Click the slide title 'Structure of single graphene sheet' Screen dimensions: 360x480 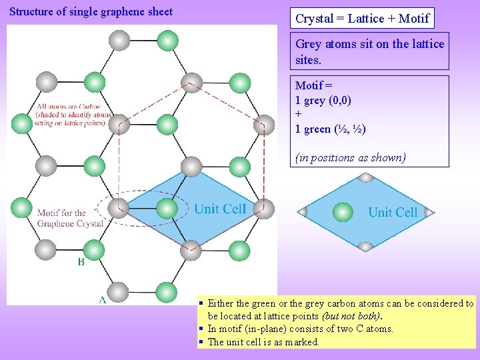[x=91, y=11]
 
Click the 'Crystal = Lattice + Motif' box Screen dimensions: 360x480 [x=362, y=19]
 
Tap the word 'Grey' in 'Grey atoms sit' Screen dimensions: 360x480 [x=308, y=44]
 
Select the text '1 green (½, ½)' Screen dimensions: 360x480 [x=330, y=129]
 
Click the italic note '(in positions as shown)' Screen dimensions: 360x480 [x=350, y=158]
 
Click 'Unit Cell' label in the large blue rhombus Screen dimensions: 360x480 [x=220, y=209]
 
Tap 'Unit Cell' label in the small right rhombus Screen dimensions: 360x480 [x=393, y=213]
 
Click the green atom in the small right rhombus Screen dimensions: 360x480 [x=343, y=212]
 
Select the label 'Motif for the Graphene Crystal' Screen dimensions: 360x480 [x=70, y=218]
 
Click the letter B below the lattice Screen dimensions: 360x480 [x=81, y=262]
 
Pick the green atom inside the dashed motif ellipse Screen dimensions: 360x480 [x=167, y=209]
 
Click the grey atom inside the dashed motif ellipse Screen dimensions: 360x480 [x=118, y=209]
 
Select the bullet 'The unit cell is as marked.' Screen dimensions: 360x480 [x=264, y=342]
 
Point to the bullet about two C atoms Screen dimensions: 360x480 [x=300, y=329]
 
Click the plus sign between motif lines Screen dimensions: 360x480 [x=298, y=114]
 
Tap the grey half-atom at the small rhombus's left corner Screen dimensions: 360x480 [x=302, y=212]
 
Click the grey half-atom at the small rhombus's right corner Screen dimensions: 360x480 [x=429, y=213]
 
